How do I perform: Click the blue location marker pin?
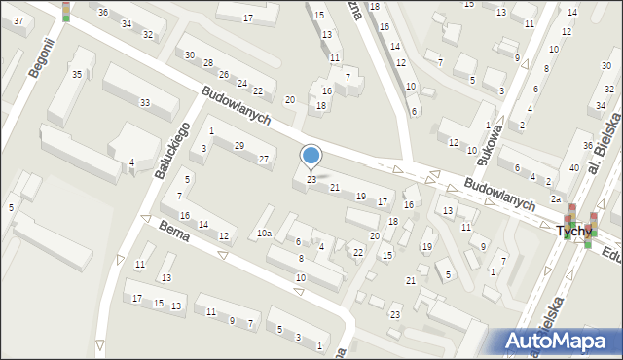(x=311, y=156)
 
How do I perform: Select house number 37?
(x=18, y=20)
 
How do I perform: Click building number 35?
(x=76, y=74)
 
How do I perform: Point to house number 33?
(x=144, y=103)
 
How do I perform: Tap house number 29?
(x=239, y=146)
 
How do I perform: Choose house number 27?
(x=263, y=159)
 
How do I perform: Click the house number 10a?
(x=264, y=234)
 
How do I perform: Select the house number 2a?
(x=555, y=198)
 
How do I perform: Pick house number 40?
(x=574, y=168)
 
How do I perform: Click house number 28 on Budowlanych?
(x=207, y=62)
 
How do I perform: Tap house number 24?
(x=242, y=83)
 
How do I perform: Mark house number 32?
(x=147, y=35)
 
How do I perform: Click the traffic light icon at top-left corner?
(x=65, y=11)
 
